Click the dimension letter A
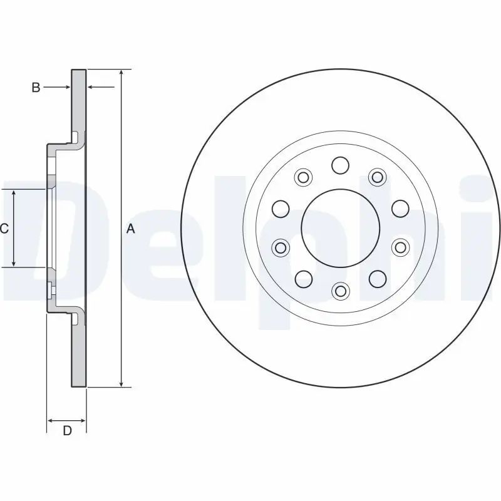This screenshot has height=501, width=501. (131, 229)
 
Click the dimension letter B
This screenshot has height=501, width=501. (36, 88)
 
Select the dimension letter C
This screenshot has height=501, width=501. (4, 229)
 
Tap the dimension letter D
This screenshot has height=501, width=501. (67, 430)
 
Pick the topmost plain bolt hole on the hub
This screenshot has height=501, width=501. (340, 165)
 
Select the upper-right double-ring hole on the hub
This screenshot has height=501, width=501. (376, 177)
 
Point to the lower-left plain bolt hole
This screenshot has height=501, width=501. (304, 278)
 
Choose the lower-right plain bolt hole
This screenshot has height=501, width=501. (376, 278)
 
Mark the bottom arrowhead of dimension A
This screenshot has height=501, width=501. (121, 384)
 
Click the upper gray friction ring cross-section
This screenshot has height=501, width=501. (78, 100)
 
